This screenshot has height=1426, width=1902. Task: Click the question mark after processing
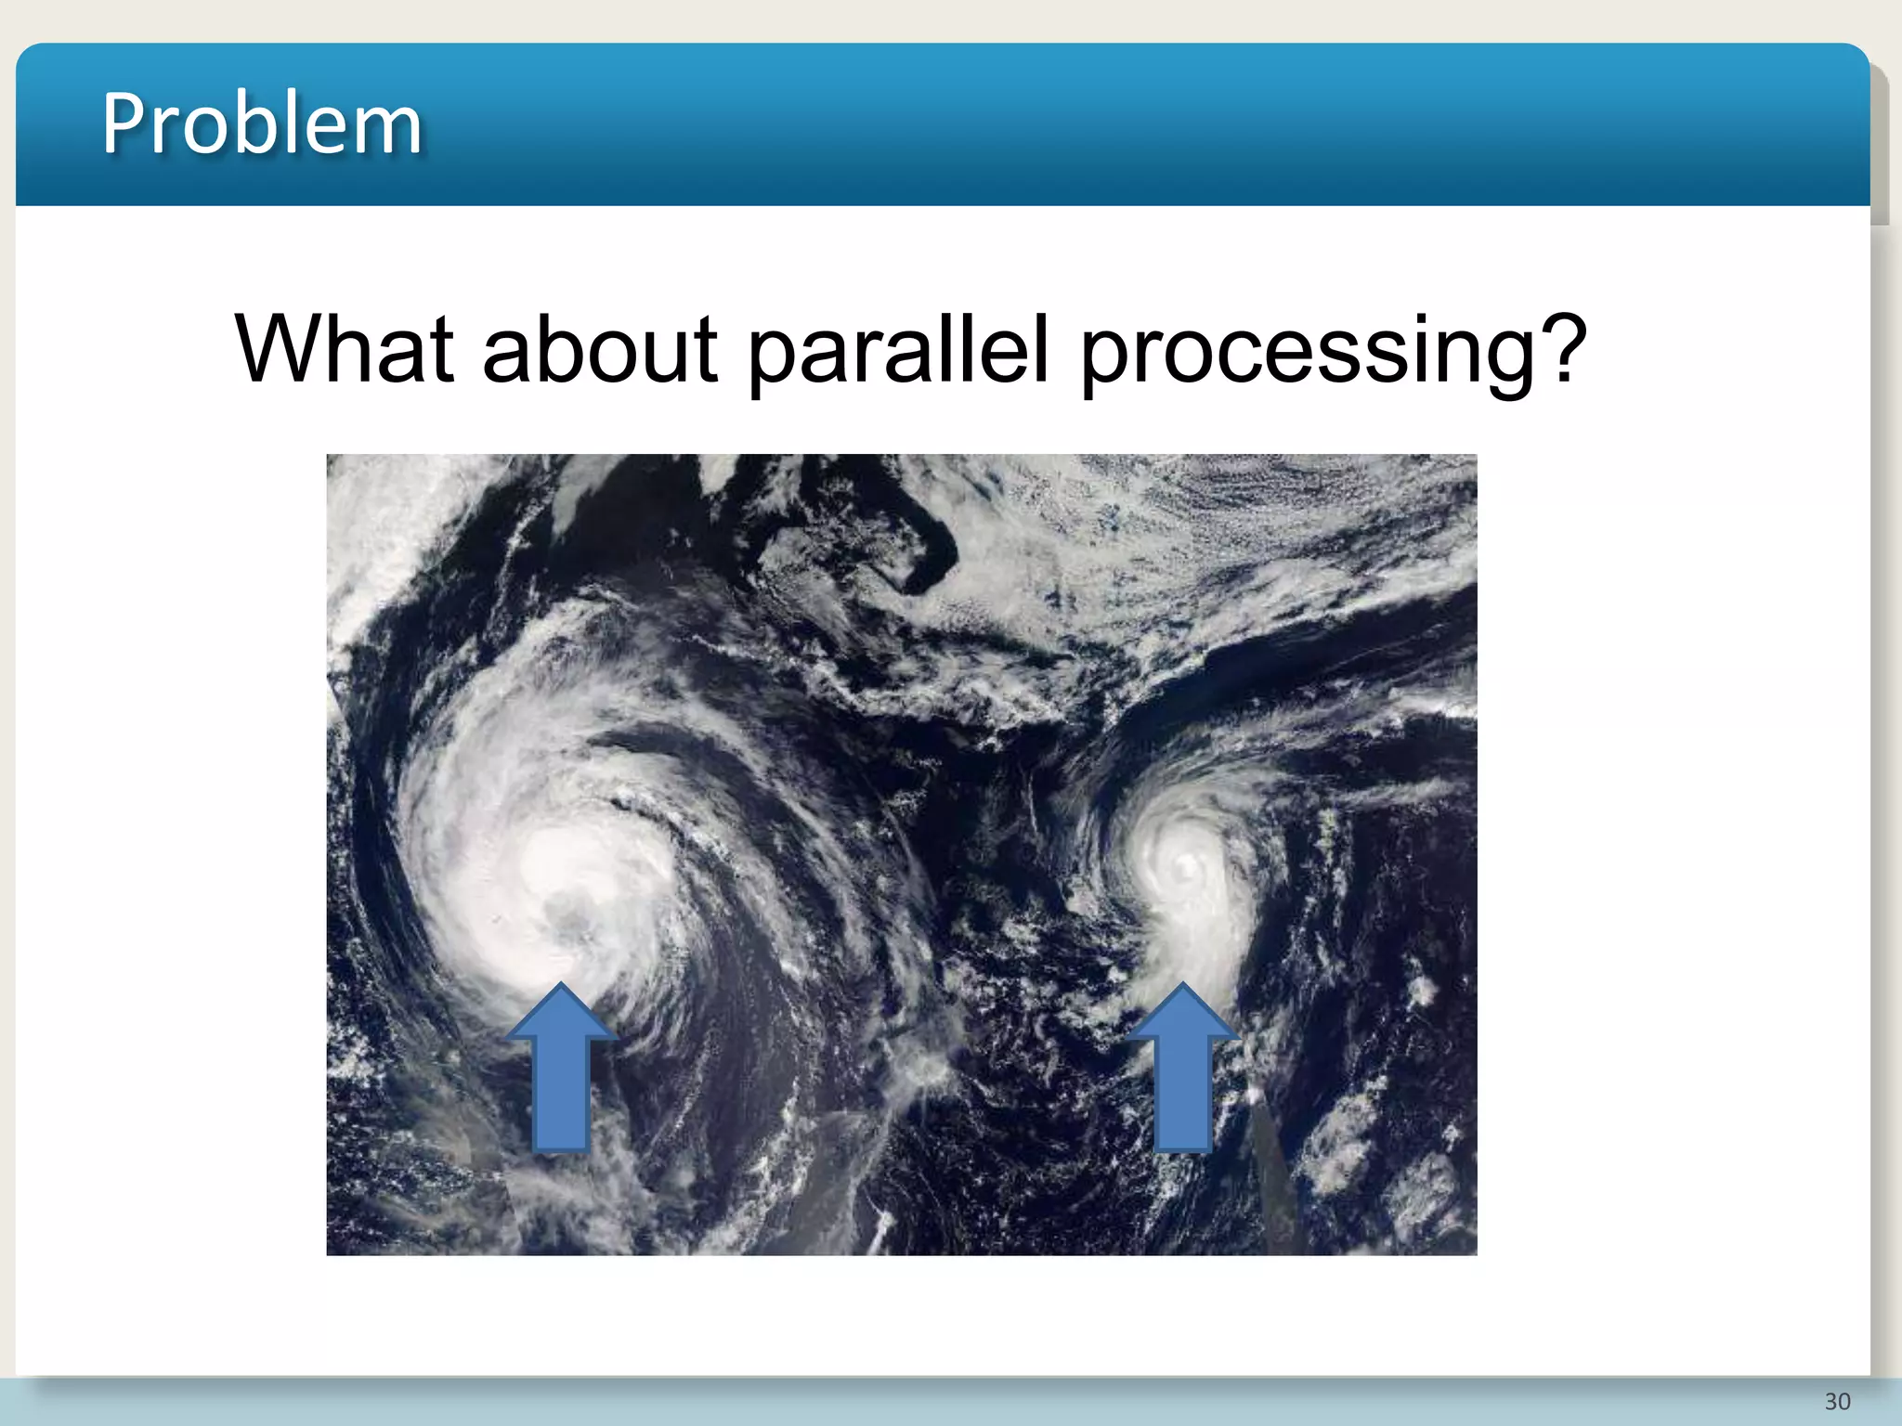[x=1561, y=347]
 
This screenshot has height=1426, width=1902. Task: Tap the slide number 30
[x=1837, y=1401]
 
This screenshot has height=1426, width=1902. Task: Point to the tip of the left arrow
[x=561, y=987]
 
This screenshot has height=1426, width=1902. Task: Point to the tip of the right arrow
[x=1182, y=986]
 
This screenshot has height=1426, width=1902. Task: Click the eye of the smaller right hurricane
[x=1186, y=869]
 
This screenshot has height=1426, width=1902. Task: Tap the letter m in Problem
[x=390, y=130]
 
